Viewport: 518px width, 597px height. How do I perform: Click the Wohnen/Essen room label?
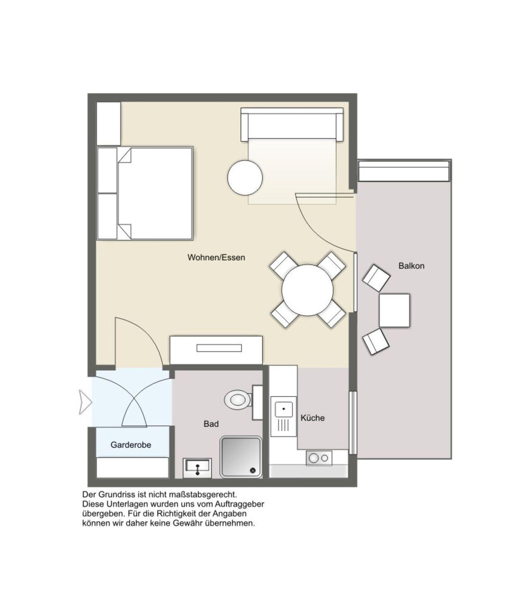pyautogui.click(x=216, y=257)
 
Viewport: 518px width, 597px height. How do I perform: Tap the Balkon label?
pyautogui.click(x=411, y=266)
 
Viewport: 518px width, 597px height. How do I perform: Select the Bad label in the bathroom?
pyautogui.click(x=211, y=424)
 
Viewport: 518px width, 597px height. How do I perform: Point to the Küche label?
pyautogui.click(x=313, y=418)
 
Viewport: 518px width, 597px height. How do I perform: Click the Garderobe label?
pyautogui.click(x=131, y=445)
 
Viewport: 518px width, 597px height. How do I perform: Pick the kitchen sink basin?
pyautogui.click(x=284, y=409)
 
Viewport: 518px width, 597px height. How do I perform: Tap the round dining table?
pyautogui.click(x=307, y=290)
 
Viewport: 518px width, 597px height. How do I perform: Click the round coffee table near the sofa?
pyautogui.click(x=245, y=177)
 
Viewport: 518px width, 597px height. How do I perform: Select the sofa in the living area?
pyautogui.click(x=292, y=125)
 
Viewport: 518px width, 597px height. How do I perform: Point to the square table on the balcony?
pyautogui.click(x=394, y=311)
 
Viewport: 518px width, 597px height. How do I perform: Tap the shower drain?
pyautogui.click(x=253, y=470)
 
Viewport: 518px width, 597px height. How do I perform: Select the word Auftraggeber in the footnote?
pyautogui.click(x=239, y=504)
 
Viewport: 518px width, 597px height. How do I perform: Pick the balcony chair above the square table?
pyautogui.click(x=376, y=278)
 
